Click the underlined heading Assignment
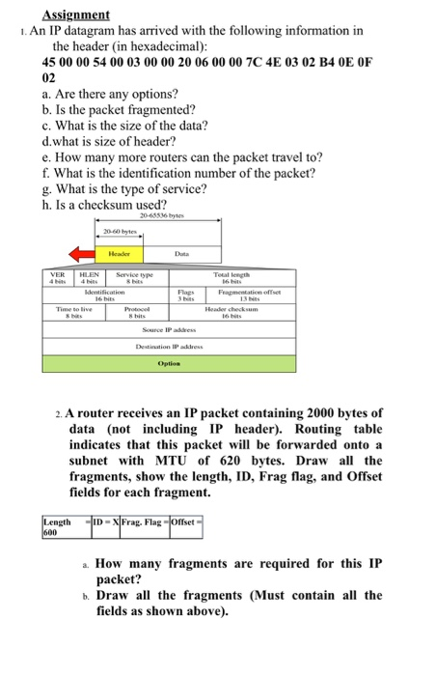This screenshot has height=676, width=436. [x=76, y=15]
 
